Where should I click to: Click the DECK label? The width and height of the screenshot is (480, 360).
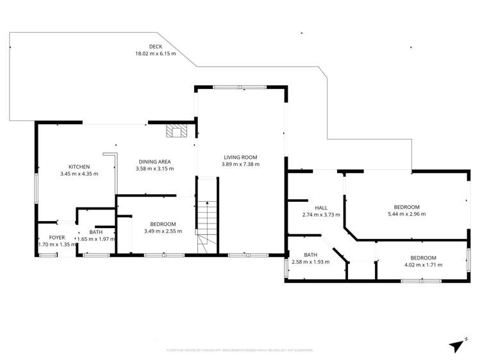155,47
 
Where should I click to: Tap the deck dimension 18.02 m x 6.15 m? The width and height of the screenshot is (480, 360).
155,54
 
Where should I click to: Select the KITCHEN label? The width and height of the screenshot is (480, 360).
79,167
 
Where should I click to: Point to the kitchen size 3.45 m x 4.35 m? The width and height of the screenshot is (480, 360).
79,174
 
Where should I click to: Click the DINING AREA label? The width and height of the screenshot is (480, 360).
154,162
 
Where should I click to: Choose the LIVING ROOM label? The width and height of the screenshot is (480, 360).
240,157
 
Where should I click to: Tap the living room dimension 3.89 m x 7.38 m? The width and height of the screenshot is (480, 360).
240,164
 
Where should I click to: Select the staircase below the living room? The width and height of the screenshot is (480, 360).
206,221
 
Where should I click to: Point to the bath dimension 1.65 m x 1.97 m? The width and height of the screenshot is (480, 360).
96,239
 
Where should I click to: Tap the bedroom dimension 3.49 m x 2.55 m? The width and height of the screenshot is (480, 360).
163,231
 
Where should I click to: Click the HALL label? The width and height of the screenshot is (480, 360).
321,208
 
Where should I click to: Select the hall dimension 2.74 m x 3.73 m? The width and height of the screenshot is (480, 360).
321,215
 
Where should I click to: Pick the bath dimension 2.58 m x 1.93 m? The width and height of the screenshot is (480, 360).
310,261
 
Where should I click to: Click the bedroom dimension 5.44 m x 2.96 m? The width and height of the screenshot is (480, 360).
406,214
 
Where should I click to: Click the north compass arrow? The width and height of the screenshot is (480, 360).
457,345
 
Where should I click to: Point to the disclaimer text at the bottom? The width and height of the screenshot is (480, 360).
240,350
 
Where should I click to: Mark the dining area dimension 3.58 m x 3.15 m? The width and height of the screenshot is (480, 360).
154,169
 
